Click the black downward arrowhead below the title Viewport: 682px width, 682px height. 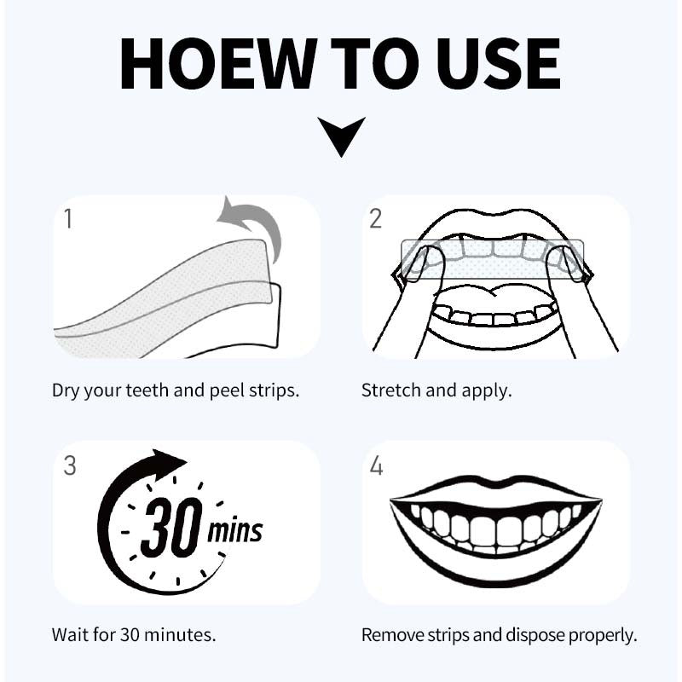(x=341, y=136)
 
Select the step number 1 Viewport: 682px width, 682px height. (x=68, y=218)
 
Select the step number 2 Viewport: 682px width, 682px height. (x=376, y=218)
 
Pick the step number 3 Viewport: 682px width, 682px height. (x=70, y=465)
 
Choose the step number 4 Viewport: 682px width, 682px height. (x=377, y=465)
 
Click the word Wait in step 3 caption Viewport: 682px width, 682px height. (x=68, y=635)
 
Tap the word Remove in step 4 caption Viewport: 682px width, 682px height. (x=389, y=635)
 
